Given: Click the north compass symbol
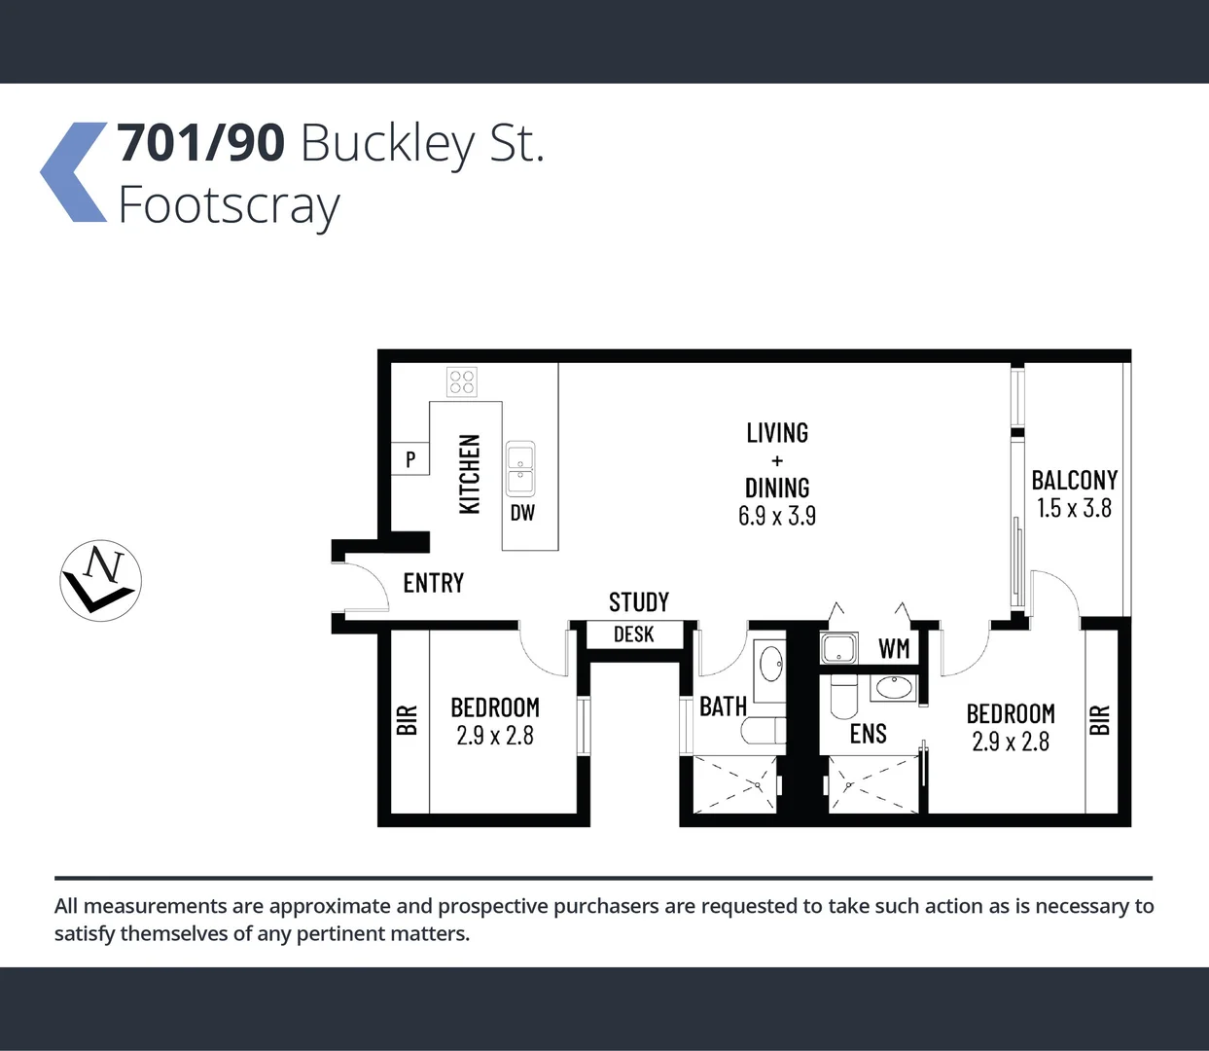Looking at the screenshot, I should [101, 581].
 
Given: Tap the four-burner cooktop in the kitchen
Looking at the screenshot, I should [462, 381].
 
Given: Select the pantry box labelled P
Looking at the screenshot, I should [410, 458].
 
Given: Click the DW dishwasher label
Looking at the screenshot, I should [522, 513].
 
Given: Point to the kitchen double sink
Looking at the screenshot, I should [520, 469].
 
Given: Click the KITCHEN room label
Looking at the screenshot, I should [470, 474].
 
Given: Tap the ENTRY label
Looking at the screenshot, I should [434, 583].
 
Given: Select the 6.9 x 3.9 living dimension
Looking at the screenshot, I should [777, 516].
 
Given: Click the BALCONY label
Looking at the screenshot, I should [1074, 480].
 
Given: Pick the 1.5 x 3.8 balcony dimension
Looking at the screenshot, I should [1074, 508].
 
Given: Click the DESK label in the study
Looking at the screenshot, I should [634, 634].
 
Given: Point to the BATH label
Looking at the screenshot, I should [723, 707].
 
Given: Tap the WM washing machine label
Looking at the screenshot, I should [894, 648].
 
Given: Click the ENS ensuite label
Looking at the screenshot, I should [869, 734].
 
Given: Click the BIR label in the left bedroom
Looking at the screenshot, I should [408, 720].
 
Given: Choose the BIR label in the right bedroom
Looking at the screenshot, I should [1100, 720].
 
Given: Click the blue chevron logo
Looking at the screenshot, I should [75, 172].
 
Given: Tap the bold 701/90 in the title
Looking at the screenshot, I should [201, 143].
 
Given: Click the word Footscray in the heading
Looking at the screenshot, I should [229, 205].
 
